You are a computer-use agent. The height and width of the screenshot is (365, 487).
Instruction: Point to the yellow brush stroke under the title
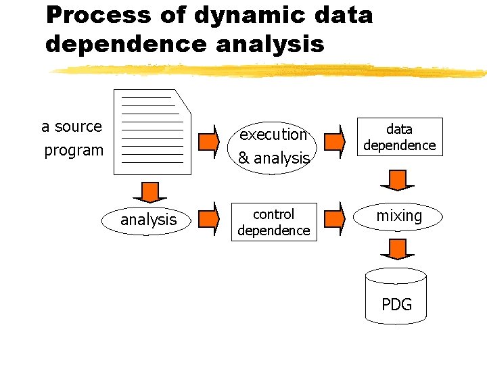click(271, 70)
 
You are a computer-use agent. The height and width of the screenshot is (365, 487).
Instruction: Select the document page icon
click(153, 131)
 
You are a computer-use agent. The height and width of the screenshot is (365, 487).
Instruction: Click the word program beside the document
click(74, 150)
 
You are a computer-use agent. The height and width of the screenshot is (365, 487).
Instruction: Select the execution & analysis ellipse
click(273, 146)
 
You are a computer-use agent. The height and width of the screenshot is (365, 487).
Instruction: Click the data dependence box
click(399, 137)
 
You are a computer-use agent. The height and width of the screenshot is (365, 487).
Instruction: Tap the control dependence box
click(273, 222)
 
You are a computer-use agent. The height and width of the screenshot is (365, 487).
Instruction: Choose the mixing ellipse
click(399, 216)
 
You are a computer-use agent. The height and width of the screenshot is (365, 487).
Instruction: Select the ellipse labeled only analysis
click(148, 220)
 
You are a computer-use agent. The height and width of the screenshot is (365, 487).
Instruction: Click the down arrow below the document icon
click(149, 192)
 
